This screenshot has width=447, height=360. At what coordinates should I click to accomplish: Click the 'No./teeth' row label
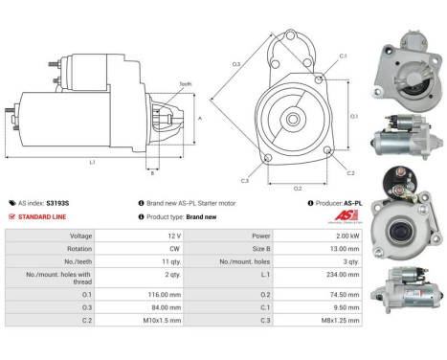coord(49,260)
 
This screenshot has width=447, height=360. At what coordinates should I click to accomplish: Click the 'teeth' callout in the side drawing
coord(184,83)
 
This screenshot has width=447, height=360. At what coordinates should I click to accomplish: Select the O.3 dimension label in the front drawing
coord(235,64)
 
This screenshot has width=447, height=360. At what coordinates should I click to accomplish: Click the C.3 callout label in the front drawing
coord(245,180)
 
